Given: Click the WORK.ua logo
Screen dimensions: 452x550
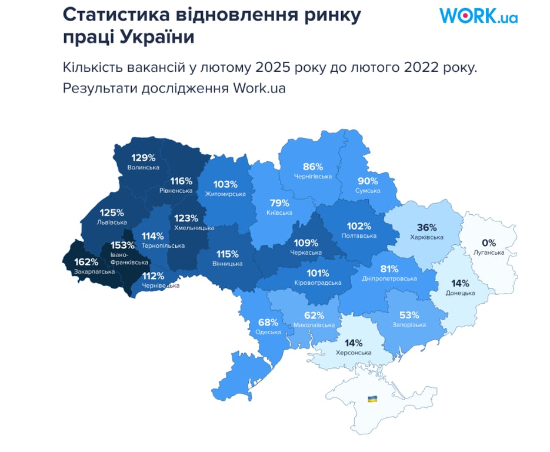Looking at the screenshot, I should (x=478, y=16).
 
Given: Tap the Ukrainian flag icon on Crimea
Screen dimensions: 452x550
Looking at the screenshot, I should (x=372, y=399).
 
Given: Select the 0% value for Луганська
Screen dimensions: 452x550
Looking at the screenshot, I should (x=489, y=242).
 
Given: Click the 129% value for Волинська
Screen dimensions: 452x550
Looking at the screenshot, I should (x=143, y=158).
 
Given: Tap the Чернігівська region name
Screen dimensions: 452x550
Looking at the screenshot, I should (x=312, y=176).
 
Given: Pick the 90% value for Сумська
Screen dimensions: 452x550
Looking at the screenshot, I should (x=368, y=181).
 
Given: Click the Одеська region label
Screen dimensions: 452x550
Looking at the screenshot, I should (x=268, y=332).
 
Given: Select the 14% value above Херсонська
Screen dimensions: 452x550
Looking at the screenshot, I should (x=354, y=343).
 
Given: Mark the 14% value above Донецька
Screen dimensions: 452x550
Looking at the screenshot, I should (x=461, y=282).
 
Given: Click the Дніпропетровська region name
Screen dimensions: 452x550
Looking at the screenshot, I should (x=389, y=278).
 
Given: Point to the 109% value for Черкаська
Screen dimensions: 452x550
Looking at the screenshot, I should (x=306, y=242).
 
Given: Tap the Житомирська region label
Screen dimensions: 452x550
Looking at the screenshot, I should (x=225, y=194).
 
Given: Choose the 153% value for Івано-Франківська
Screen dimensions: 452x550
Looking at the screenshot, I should (x=122, y=245).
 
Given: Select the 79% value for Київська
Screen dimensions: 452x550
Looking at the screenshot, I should (x=279, y=203).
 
